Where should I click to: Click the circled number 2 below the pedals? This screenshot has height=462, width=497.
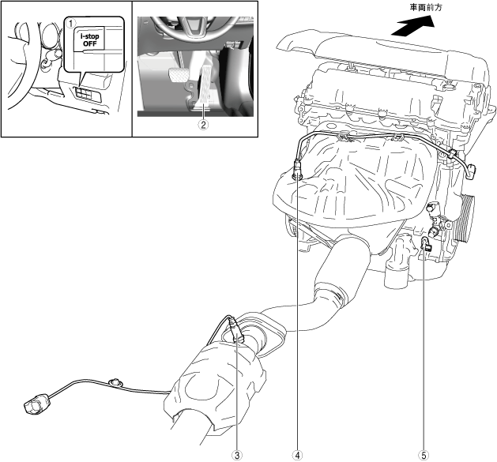tap(203, 123)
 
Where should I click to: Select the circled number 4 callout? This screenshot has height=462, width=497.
tap(298, 454)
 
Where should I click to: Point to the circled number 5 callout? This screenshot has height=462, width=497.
tap(424, 454)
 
